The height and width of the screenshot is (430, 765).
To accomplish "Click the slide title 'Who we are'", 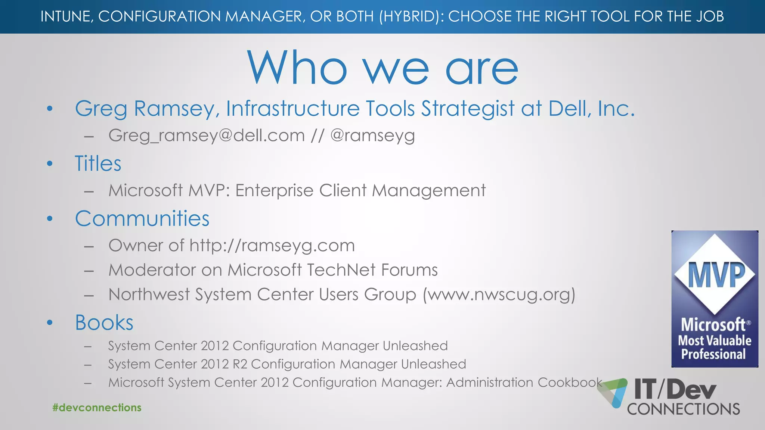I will tap(382, 68).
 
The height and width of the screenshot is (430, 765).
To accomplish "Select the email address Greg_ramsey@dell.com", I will tap(207, 135).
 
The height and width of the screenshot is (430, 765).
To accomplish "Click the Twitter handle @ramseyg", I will tap(372, 135).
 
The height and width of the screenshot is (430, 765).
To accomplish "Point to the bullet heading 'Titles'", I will tap(98, 163).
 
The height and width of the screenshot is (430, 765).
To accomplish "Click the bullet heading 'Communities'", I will tap(142, 218).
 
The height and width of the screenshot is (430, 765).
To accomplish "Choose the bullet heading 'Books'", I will tap(104, 322).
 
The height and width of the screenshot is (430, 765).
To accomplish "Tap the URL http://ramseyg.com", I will tap(272, 246).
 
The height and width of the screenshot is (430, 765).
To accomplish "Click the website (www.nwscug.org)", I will tap(499, 295).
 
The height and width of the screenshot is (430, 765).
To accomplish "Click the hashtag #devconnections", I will tap(97, 408).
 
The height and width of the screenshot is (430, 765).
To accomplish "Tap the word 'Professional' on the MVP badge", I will tap(713, 354).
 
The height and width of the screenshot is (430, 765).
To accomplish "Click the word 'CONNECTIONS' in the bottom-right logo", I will tap(684, 409).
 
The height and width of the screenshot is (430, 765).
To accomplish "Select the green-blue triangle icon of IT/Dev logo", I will tap(613, 392).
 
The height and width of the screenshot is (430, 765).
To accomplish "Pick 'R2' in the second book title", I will tap(240, 364).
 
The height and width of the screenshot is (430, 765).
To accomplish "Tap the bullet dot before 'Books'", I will tap(50, 322).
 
